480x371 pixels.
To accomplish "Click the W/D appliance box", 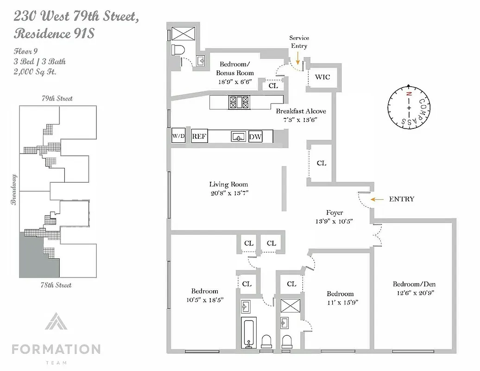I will tap(178, 136).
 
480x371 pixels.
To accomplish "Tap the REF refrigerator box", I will tap(200, 136).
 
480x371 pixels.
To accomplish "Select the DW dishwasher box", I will tap(255, 137).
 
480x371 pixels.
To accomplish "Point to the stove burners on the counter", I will tap(239, 102).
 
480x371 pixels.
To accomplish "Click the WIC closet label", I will tap(322, 77).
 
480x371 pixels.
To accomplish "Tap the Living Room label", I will tap(228, 184).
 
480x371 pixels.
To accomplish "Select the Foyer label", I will tap(335, 213).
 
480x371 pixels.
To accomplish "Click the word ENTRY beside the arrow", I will tap(401, 199).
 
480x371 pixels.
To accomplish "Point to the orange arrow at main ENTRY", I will tap(377, 199).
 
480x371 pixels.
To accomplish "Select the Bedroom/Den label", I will tap(414, 284).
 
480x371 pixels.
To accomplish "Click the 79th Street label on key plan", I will tap(57, 98).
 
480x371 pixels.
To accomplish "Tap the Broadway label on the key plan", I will tap(14, 189).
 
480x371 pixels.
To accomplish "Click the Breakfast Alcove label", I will tap(301, 111).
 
